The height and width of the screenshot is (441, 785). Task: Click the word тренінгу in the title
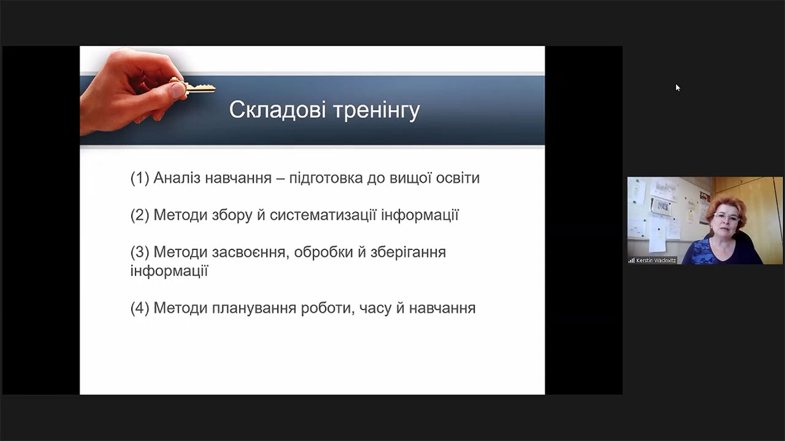[376, 111]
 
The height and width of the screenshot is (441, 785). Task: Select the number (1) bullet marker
[140, 178]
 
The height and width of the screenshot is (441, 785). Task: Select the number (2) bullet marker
[140, 215]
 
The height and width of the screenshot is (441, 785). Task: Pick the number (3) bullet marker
[140, 252]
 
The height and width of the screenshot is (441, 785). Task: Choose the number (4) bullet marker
[140, 308]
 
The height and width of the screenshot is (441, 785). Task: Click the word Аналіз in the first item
[177, 178]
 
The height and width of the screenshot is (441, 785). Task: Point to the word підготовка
[326, 179]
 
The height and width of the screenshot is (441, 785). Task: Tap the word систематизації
[323, 215]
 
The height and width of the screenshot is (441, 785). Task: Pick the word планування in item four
[254, 309]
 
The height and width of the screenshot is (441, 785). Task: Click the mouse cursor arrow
[678, 88]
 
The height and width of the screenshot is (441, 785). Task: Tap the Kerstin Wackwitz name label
[656, 260]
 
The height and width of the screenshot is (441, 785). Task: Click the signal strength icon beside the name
[632, 260]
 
